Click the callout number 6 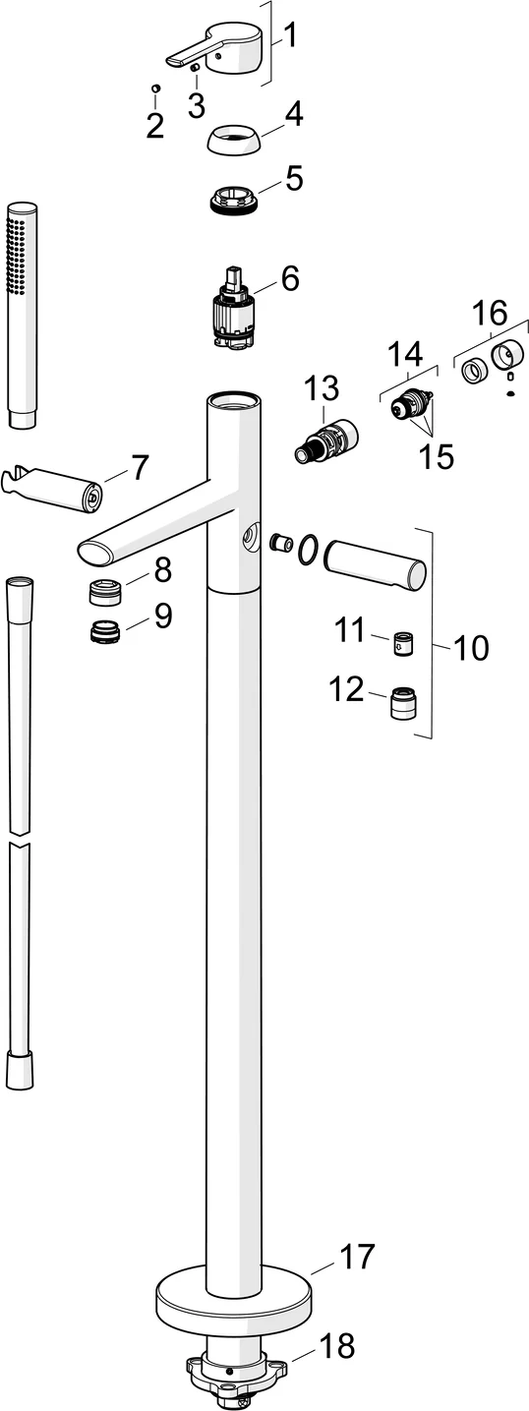pos(289,278)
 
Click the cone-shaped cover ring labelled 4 pos(235,138)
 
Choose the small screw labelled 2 pos(156,89)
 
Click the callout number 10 pos(472,648)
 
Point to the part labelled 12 pos(402,704)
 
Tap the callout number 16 pos(490,316)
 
